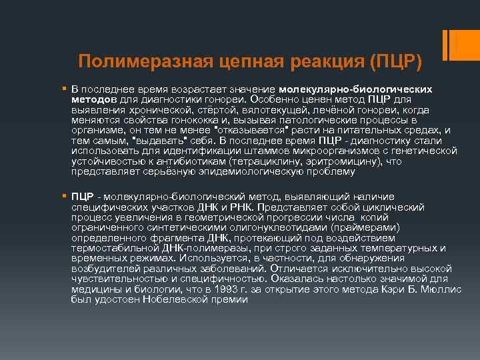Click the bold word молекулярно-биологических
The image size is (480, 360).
click(355, 89)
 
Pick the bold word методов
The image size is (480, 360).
click(92, 99)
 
